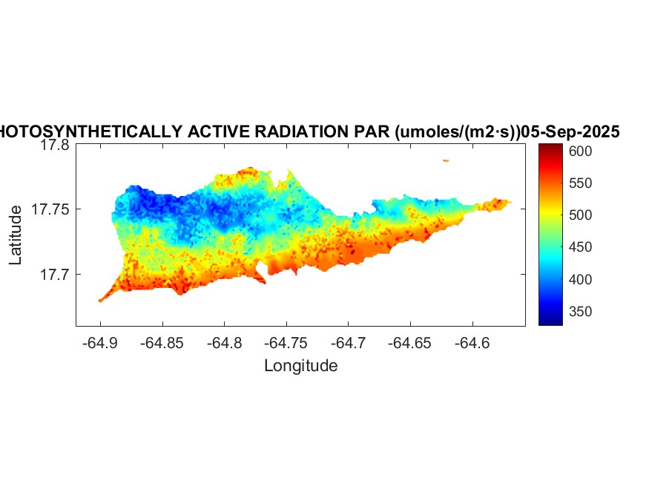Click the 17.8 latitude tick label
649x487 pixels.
(55, 146)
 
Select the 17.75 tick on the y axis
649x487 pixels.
(51, 210)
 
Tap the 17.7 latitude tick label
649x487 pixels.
(55, 275)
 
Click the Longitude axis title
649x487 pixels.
(300, 365)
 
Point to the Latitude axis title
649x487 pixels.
(16, 236)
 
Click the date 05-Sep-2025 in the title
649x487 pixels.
(570, 131)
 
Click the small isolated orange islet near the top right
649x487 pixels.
(446, 160)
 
